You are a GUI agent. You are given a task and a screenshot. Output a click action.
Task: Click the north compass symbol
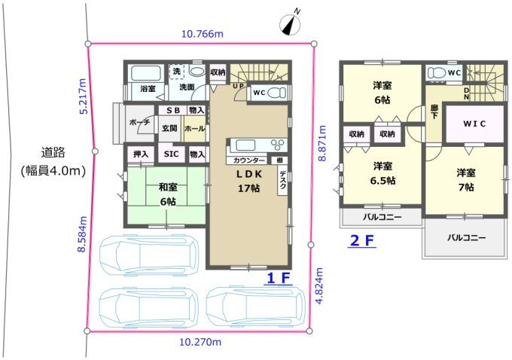[x=291, y=23]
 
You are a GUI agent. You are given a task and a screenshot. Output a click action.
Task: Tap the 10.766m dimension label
[x=203, y=34]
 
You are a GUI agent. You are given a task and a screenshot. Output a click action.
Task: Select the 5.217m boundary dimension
[x=83, y=96]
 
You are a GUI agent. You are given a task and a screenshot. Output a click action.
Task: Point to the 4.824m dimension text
[x=319, y=286]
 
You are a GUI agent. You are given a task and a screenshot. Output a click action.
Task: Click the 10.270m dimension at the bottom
[x=200, y=342]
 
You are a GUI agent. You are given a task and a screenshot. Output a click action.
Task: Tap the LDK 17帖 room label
[x=249, y=181]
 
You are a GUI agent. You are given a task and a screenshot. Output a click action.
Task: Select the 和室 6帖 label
[x=168, y=194]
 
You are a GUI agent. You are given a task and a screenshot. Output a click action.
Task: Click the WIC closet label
[x=474, y=124]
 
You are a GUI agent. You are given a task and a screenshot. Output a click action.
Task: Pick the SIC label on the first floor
[x=171, y=154]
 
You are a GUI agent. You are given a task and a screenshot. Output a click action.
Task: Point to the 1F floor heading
[x=279, y=278]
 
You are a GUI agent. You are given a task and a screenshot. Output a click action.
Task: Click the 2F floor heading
[x=362, y=241]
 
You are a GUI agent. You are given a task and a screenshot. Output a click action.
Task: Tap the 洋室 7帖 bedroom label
[x=465, y=180]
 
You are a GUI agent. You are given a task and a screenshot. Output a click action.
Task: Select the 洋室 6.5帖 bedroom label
[x=382, y=173]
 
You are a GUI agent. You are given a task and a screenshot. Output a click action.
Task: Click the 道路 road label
[x=53, y=152]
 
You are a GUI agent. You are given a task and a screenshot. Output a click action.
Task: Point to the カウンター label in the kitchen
[x=249, y=160]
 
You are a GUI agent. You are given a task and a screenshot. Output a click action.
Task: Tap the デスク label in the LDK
[x=282, y=180]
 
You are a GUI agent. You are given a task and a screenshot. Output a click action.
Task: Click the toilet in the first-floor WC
[x=276, y=93]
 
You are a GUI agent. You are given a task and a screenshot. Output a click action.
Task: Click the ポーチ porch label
[x=140, y=122]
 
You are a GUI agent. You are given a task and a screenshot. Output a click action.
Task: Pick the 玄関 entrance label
[x=169, y=128]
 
